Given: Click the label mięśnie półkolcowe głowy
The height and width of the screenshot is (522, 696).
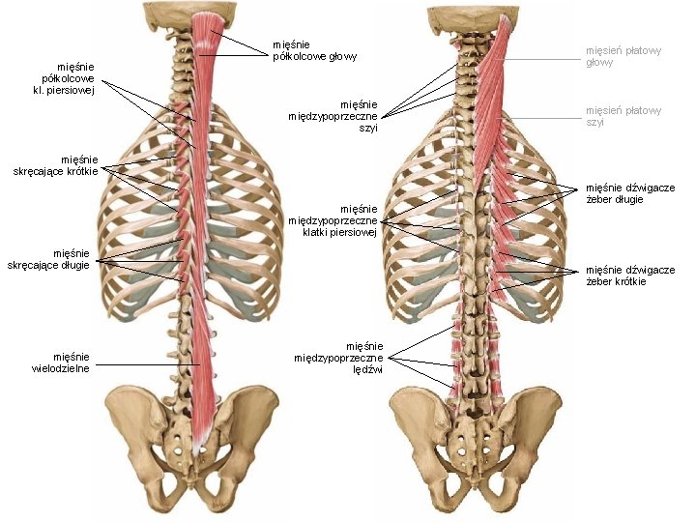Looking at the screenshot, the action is pos(314,50).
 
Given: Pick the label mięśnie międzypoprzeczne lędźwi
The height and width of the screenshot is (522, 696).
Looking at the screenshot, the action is pos(353,358).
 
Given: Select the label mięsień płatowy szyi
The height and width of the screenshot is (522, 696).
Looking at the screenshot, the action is pos(623,116).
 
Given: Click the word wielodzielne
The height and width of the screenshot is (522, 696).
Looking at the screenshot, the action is pos(63,368).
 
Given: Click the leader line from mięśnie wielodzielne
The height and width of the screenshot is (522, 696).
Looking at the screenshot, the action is pos(145,364).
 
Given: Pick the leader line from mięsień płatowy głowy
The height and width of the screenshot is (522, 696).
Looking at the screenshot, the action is pos(541,60).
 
